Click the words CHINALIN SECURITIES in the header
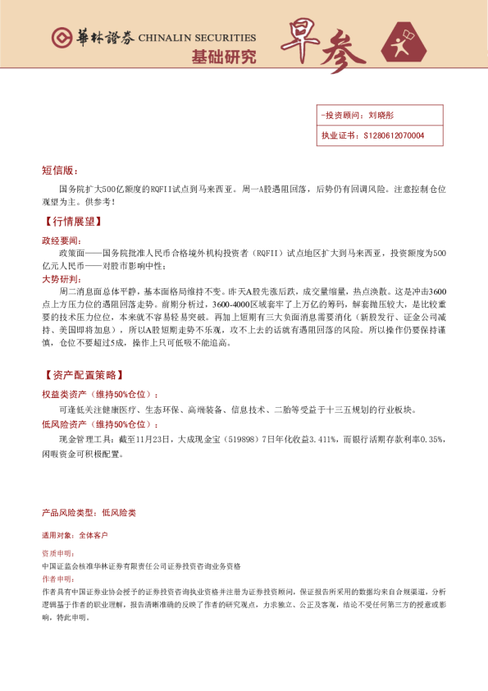pos(197,38)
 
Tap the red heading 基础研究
pos(223,57)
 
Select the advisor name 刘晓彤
pos(381,116)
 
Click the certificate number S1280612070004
pos(393,135)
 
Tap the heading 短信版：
pos(59,171)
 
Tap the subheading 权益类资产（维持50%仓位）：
pos(100,395)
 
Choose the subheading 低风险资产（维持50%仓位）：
pos(100,424)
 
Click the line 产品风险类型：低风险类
pos(89,512)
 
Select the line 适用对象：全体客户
pos(74,535)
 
